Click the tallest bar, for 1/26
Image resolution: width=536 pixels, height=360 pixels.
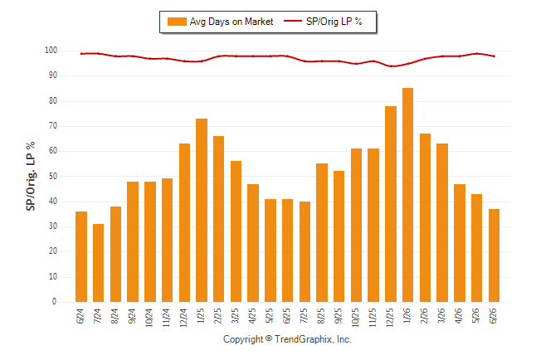click(x=408, y=195)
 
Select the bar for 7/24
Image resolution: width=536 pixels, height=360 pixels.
click(x=99, y=263)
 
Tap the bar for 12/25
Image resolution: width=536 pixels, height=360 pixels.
click(x=391, y=204)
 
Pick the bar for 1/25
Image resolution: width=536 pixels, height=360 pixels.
click(x=202, y=210)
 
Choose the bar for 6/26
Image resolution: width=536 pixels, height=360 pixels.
click(x=494, y=255)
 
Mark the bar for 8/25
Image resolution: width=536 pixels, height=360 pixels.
click(x=322, y=233)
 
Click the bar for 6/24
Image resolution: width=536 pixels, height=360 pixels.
click(x=81, y=257)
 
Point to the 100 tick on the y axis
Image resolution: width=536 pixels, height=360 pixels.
click(x=51, y=51)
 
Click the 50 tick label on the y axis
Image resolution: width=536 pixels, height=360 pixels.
click(x=53, y=177)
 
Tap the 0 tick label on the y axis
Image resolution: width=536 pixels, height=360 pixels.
click(x=55, y=302)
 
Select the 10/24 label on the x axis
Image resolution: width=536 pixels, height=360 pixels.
click(x=149, y=318)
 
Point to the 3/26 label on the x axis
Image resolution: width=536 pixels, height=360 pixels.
click(x=441, y=316)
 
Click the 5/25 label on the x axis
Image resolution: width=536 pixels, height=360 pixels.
click(x=270, y=316)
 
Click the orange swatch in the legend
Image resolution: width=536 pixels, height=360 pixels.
click(x=177, y=22)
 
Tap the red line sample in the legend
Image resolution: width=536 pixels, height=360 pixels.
click(x=293, y=21)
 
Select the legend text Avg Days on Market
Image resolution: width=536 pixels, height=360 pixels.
click(x=231, y=22)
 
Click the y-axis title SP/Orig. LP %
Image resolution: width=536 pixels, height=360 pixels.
click(x=31, y=176)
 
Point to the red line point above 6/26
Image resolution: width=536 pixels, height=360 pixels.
click(x=494, y=56)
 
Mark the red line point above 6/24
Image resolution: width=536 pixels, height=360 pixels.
click(x=81, y=54)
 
